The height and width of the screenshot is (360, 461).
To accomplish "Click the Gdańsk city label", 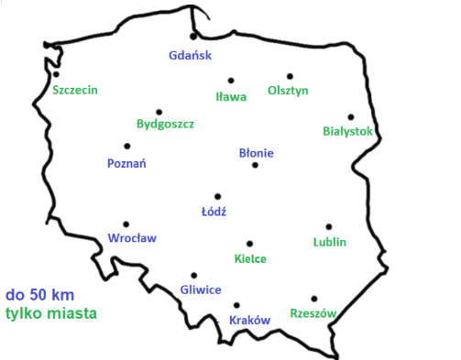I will point(190,55).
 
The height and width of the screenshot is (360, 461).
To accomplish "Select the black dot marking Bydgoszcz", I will point(159,112).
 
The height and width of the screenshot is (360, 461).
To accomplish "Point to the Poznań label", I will point(127,164).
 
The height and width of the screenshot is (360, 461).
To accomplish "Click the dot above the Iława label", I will point(231,80).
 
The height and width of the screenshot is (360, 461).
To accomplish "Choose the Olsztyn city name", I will point(288,91).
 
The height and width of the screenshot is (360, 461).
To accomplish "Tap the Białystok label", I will point(348,131).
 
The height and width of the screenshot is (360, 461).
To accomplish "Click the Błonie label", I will point(256,153).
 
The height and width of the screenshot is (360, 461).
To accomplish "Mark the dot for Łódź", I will point(217,196).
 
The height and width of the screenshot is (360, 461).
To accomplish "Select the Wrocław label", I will point(132,237).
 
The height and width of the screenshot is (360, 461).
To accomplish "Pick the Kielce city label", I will point(250,258).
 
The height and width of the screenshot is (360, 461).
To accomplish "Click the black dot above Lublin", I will point(328,226).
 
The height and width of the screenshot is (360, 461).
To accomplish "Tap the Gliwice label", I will point(201,289).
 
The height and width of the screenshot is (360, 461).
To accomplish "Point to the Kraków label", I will point(248,320).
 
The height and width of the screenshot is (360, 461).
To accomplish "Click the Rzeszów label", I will point(313,312).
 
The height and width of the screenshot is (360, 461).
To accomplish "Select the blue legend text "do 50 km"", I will point(39,296).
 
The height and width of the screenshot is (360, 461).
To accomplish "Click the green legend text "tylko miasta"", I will point(50,312).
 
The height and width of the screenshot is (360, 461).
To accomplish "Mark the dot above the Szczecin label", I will point(56,75).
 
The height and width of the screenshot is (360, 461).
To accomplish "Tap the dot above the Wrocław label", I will point(126,224).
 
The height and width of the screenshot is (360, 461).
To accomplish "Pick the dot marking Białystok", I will point(350,116).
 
